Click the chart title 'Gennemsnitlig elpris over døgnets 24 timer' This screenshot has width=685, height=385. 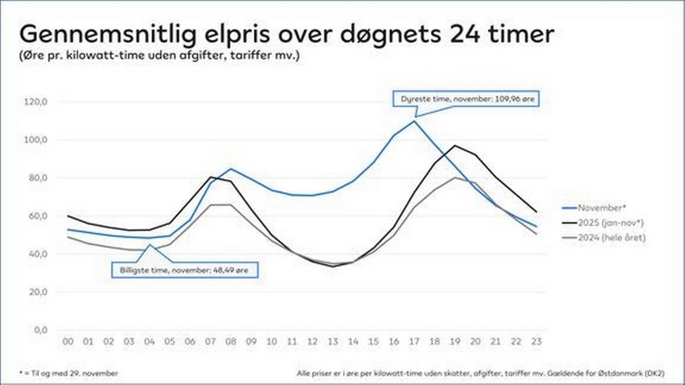[287, 34]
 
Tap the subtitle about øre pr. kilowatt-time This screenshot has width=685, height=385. [159, 56]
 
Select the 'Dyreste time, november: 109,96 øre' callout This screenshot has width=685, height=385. [467, 99]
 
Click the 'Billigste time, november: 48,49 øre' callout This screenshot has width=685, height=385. [184, 271]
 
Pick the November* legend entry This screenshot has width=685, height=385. [594, 208]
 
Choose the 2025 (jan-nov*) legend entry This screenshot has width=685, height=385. [603, 223]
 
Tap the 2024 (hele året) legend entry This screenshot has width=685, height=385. [604, 238]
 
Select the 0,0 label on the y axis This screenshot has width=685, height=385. [41, 330]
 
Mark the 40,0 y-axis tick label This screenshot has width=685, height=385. [39, 254]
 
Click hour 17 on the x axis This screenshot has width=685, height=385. [414, 341]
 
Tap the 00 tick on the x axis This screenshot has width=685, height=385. [68, 341]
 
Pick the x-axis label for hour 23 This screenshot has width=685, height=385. [536, 341]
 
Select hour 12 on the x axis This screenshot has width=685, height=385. [313, 341]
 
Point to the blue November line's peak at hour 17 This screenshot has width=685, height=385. [414, 121]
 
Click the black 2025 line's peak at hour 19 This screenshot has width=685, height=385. [455, 146]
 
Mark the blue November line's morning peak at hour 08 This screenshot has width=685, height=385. [230, 169]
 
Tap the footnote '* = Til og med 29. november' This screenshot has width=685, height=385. [68, 374]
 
